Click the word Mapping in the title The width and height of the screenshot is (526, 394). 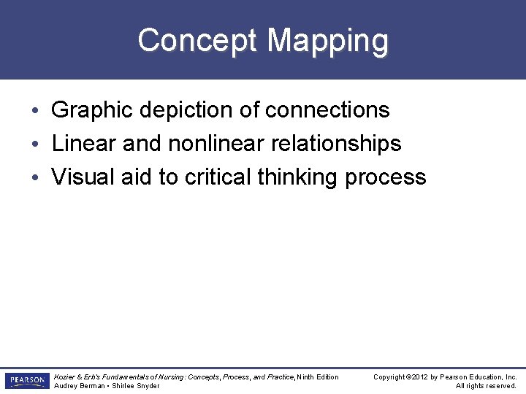(x=327, y=40)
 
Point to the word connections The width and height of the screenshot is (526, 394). (x=327, y=110)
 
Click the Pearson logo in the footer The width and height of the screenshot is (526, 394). (x=26, y=381)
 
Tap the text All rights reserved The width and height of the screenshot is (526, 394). (x=486, y=386)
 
